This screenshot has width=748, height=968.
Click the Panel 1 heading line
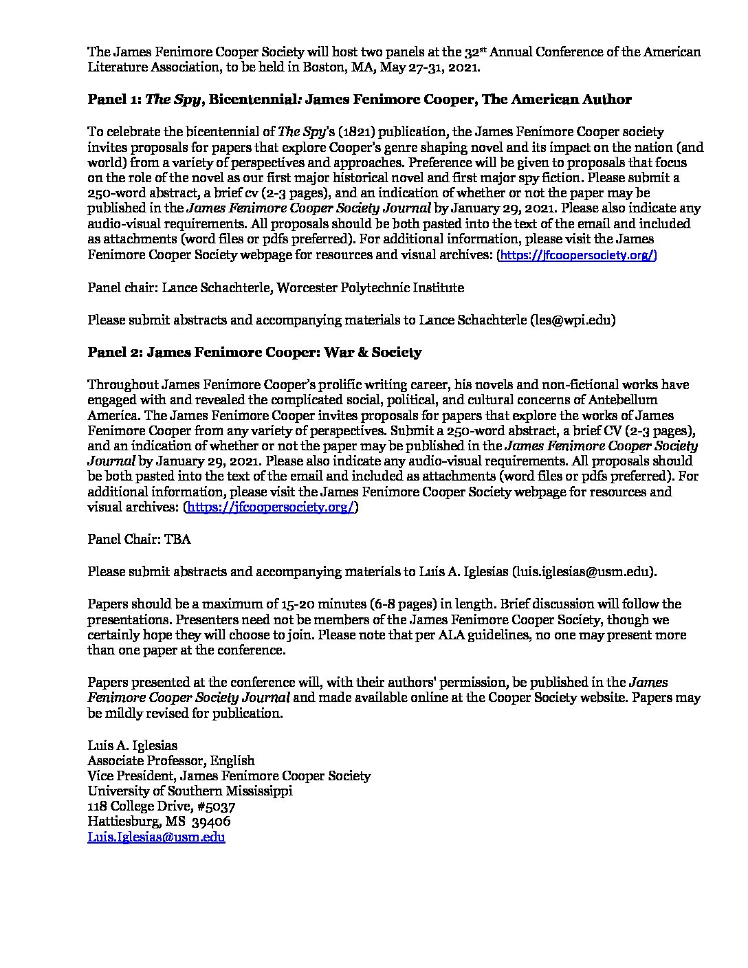point(359,100)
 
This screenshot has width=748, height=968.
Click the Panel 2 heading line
point(254,353)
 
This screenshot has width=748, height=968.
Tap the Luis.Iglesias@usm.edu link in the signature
point(156,837)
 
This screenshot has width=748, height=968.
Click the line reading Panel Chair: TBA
point(139,540)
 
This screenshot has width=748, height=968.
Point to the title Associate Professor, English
point(171,760)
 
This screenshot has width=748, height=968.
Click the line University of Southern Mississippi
point(190,791)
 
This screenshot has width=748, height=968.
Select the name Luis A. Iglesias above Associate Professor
point(132,745)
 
